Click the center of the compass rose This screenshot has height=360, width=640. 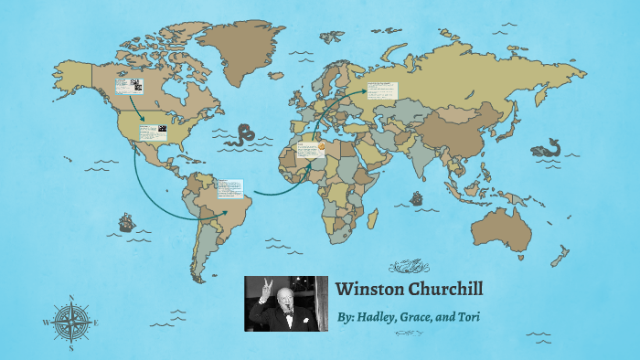pos(69,322)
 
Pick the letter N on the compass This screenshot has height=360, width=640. pos(70,297)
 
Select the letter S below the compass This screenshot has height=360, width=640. pos(70,348)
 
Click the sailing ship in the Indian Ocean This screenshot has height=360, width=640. pos(417,197)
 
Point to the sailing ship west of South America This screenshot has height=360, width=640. pos(125,222)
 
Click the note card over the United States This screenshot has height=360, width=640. pos(153,132)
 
